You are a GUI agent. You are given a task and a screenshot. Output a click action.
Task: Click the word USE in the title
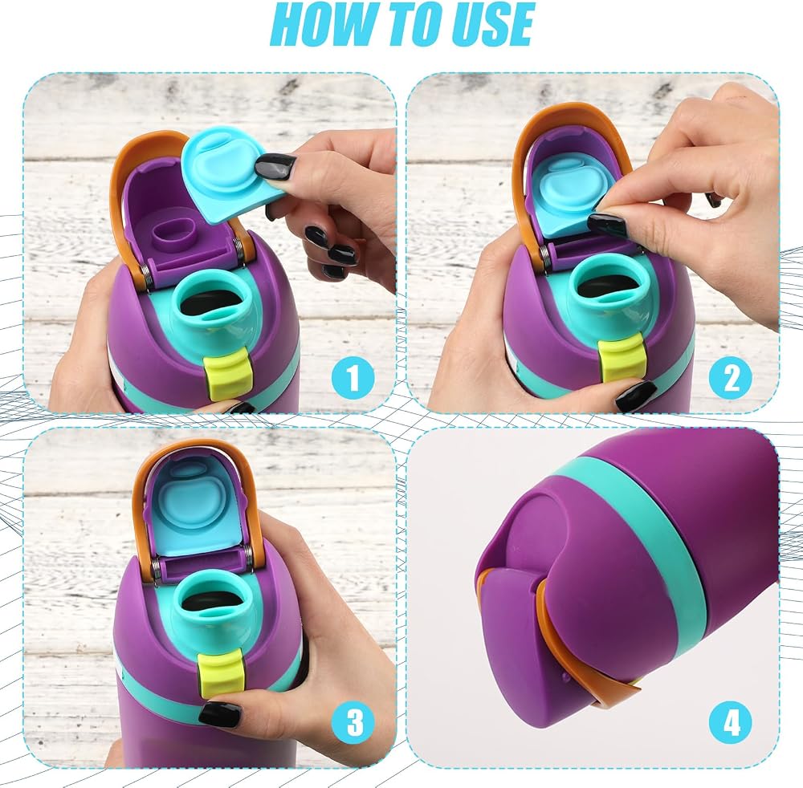pyautogui.click(x=487, y=23)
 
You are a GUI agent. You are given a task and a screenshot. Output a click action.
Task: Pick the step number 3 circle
pyautogui.click(x=354, y=722)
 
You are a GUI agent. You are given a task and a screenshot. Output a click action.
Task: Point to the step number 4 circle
pyautogui.click(x=731, y=722)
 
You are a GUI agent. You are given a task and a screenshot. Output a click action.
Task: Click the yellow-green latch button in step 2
pyautogui.click(x=621, y=358)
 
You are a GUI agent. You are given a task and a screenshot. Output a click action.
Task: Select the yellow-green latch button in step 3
pyautogui.click(x=220, y=673)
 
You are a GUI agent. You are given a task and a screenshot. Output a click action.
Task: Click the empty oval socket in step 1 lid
pyautogui.click(x=173, y=233)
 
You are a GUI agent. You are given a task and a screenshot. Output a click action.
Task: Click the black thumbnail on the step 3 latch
pyautogui.click(x=219, y=714)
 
